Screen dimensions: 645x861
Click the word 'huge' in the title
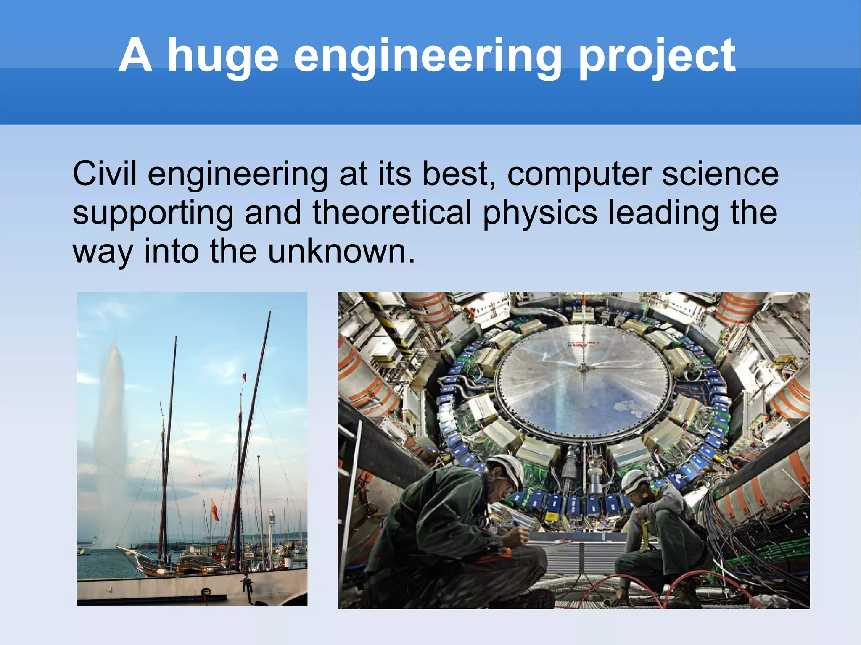tap(223, 57)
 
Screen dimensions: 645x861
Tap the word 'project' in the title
tap(657, 57)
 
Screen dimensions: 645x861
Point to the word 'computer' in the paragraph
tap(579, 174)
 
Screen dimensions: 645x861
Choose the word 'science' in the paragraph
tap(720, 174)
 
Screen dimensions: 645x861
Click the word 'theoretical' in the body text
tap(392, 212)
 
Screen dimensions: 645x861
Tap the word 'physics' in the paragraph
tap(540, 212)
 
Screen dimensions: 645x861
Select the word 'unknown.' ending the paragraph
tap(341, 251)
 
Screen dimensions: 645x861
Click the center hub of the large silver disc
tap(582, 369)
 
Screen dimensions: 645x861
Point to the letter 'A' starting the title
tap(135, 57)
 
